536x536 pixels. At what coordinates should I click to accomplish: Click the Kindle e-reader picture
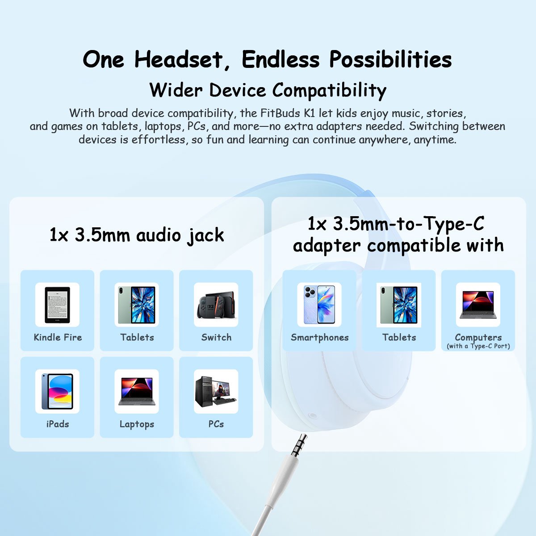(57, 304)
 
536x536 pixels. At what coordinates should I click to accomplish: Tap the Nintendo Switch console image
(216, 305)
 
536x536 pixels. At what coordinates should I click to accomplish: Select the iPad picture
(57, 391)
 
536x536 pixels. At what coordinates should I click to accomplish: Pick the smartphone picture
(319, 305)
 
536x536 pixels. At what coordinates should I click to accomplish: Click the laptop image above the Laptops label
(137, 391)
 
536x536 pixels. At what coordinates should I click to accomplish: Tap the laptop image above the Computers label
(478, 305)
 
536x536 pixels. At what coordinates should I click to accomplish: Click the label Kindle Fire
(58, 337)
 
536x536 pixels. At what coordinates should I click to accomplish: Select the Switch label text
(216, 337)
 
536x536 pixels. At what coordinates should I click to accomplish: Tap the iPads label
(58, 424)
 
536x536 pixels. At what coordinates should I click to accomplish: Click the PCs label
(216, 424)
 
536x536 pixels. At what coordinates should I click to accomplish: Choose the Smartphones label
(320, 337)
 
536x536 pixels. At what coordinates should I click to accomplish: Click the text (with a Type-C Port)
(478, 346)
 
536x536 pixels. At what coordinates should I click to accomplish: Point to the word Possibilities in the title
(390, 59)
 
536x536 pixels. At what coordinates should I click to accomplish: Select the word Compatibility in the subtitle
(329, 91)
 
